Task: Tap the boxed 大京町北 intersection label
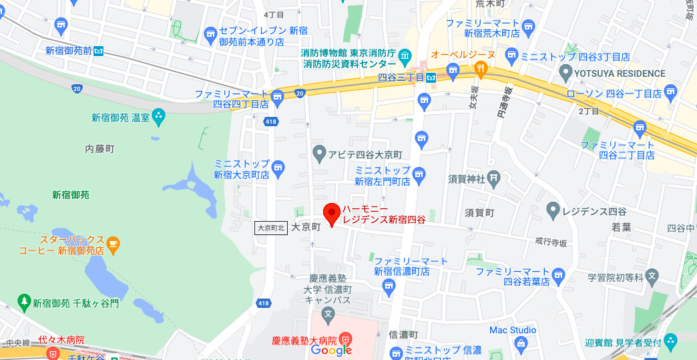pos(272,228)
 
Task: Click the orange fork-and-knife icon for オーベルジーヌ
pos(479,68)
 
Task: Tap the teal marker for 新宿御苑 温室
pos(159,118)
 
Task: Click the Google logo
pos(331,351)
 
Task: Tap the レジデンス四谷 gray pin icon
pos(552,212)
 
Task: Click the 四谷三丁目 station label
pos(401,77)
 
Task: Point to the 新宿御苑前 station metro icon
pos(99,50)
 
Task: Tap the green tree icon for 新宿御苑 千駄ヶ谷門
pos(24,303)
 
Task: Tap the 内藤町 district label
pos(100,148)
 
